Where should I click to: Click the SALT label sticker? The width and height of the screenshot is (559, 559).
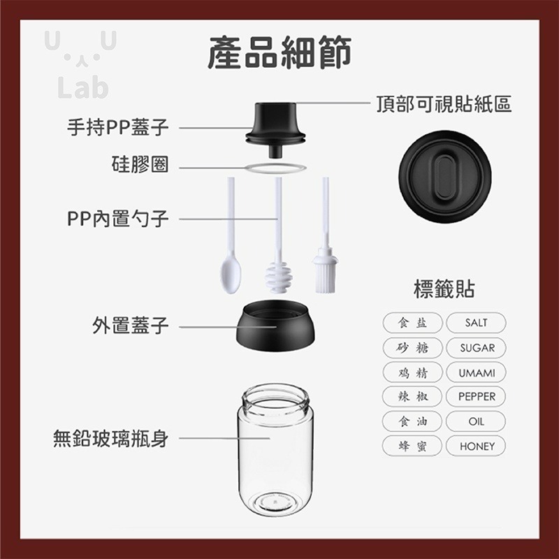(x=476, y=323)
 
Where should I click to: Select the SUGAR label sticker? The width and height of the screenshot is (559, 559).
(x=476, y=347)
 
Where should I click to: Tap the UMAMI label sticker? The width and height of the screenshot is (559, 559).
(x=476, y=372)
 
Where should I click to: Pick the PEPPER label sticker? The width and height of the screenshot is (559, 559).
(x=476, y=396)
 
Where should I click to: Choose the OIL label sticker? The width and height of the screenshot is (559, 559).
(x=476, y=421)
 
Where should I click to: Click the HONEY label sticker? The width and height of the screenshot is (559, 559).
(x=476, y=446)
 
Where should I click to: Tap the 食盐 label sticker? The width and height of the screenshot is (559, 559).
(x=412, y=323)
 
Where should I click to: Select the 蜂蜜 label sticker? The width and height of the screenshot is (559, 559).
(x=412, y=446)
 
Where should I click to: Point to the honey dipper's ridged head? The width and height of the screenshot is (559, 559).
(x=279, y=277)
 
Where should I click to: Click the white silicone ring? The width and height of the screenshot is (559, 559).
(x=275, y=168)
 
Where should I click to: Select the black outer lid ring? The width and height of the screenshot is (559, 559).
(x=275, y=325)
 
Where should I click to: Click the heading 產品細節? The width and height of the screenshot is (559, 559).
(x=280, y=52)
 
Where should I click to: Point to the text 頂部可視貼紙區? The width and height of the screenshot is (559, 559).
(x=444, y=104)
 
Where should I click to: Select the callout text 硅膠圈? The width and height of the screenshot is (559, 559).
(x=140, y=164)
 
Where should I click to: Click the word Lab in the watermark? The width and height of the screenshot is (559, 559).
(x=82, y=87)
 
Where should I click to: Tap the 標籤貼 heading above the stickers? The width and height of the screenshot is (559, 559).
(x=444, y=289)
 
